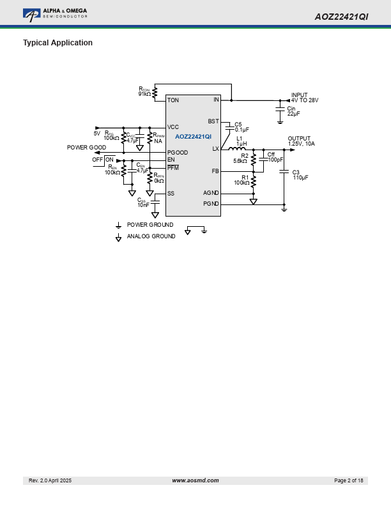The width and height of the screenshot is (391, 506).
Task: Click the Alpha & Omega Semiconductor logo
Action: [55, 13]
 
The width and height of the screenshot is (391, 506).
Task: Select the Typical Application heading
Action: [57, 43]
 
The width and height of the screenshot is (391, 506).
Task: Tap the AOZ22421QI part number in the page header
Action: [341, 17]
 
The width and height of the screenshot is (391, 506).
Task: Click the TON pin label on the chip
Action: [172, 100]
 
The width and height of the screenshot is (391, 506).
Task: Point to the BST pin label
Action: [213, 121]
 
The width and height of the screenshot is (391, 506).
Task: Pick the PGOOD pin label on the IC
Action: [177, 153]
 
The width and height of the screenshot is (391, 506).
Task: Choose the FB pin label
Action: [215, 171]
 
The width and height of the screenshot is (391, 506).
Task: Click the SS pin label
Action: [171, 193]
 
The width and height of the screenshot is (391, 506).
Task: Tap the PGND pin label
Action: [211, 204]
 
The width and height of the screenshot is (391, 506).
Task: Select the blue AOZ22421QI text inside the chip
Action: [193, 137]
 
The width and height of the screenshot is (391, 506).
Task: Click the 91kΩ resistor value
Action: [144, 95]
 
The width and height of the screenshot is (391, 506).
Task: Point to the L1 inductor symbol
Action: [237, 148]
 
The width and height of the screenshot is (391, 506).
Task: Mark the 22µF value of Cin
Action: [294, 114]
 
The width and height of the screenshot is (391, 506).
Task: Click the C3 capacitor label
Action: [296, 172]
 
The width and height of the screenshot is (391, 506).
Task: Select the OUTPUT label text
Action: [299, 139]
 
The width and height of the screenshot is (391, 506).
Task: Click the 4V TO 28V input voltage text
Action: [305, 100]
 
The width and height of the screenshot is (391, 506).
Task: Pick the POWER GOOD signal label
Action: [86, 148]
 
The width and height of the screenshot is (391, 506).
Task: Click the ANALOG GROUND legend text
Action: [151, 236]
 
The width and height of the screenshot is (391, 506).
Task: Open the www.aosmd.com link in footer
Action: [195, 480]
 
